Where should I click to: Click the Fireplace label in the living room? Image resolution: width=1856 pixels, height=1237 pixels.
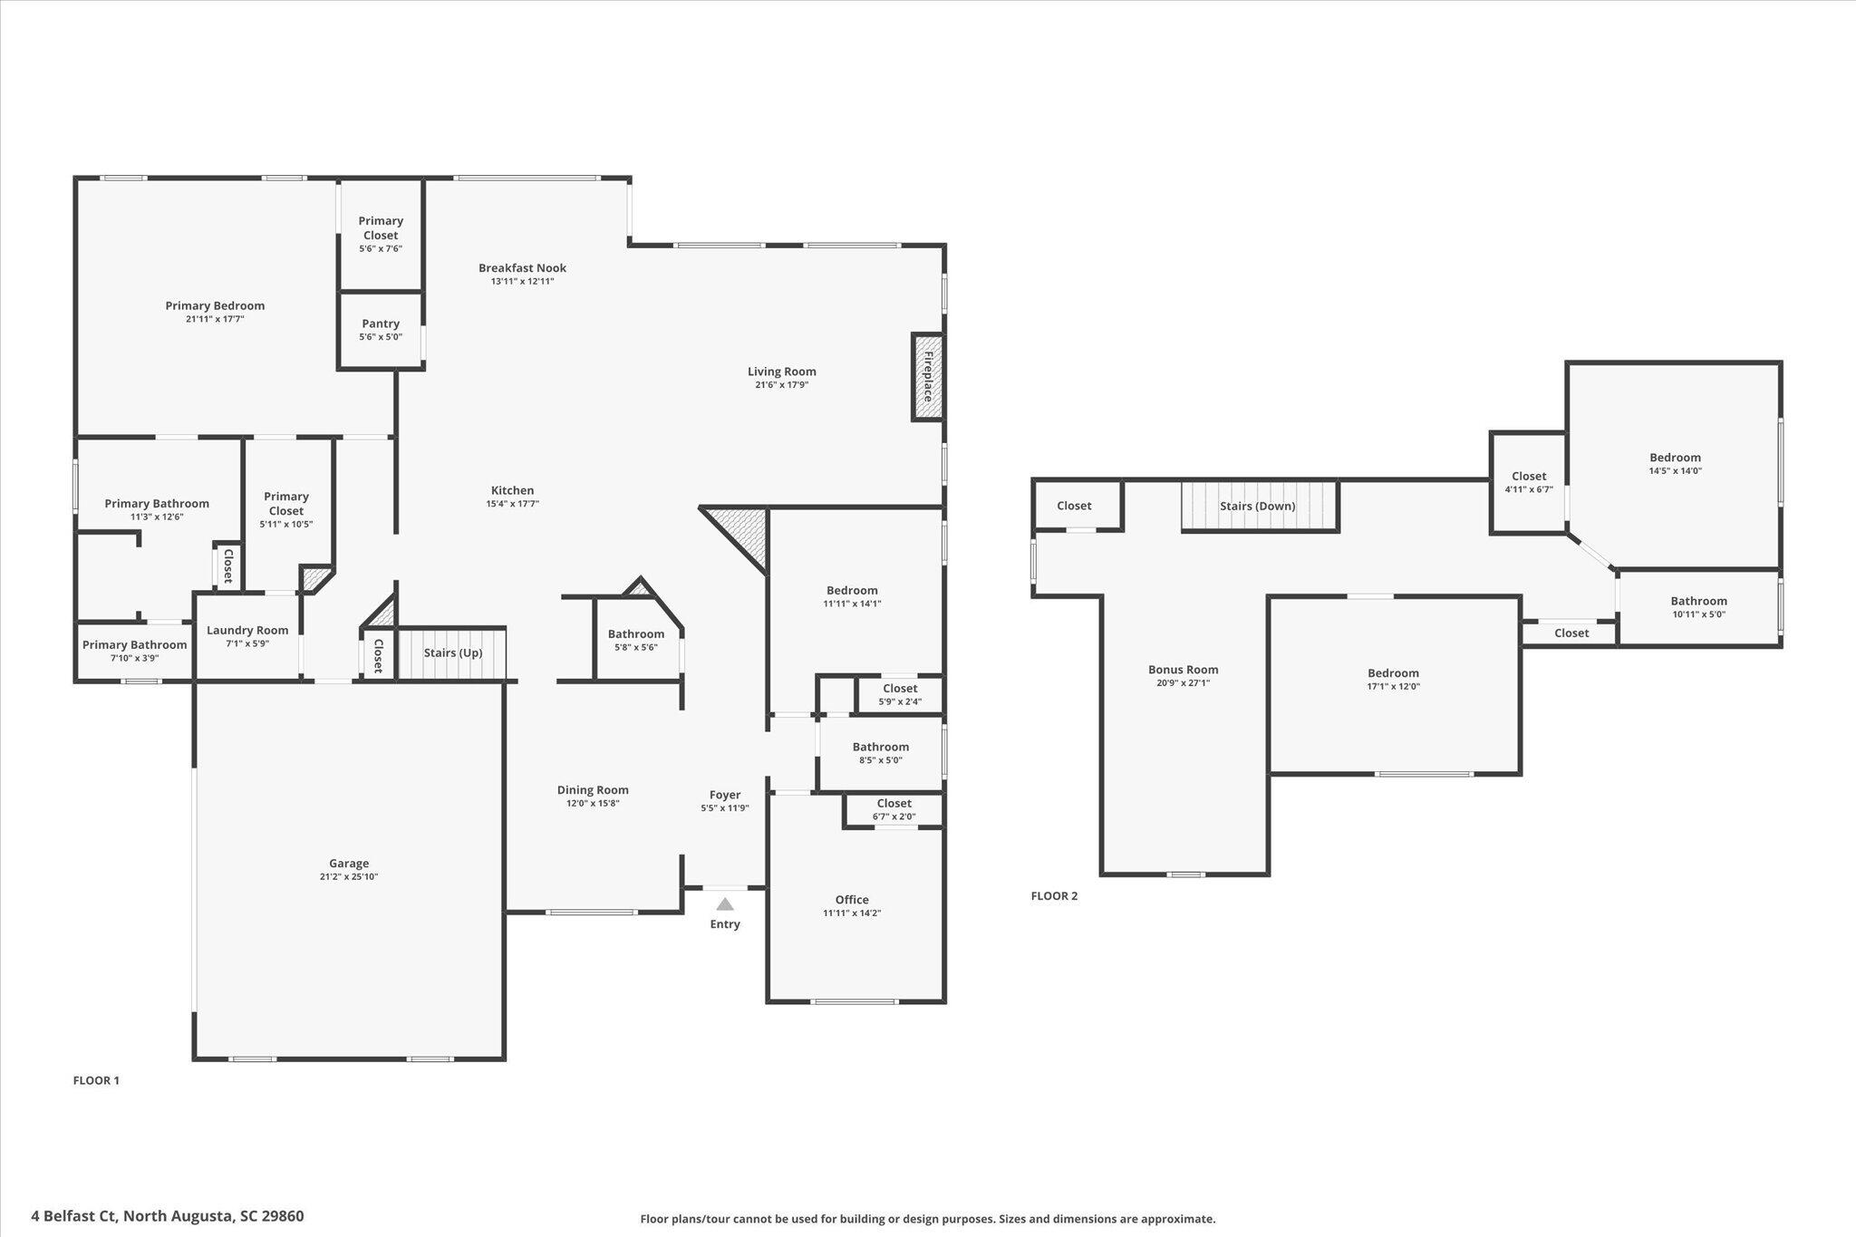[927, 377]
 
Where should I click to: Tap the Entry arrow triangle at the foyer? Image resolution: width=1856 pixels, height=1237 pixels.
[725, 904]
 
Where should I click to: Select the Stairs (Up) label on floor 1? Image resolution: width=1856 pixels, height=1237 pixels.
[453, 652]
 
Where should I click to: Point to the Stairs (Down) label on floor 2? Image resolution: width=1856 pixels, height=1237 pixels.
[1258, 506]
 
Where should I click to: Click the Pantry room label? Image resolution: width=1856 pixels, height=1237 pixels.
[381, 324]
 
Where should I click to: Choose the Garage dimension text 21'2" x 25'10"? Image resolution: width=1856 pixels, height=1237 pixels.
[349, 876]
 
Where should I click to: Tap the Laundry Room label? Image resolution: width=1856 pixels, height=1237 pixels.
[247, 631]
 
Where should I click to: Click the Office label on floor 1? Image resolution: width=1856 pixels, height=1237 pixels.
[852, 900]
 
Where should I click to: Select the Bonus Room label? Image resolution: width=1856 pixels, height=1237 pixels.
[1184, 670]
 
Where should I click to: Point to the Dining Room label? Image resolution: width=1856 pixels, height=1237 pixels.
[593, 790]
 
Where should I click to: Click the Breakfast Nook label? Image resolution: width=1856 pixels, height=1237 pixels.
[522, 268]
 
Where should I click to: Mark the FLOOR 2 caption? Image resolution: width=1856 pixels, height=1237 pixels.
[1054, 896]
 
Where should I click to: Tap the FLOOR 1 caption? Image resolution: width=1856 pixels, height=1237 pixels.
[96, 1080]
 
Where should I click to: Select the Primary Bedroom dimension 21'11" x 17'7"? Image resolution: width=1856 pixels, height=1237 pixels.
[215, 319]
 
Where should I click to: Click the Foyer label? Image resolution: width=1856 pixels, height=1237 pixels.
[725, 795]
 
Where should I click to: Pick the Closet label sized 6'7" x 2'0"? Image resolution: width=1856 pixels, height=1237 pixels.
[894, 803]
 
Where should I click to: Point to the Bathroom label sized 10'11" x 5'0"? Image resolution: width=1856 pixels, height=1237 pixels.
[1699, 601]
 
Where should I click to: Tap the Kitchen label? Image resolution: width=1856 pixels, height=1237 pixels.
[513, 490]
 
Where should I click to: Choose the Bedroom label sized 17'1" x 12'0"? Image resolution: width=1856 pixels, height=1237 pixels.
[1394, 673]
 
